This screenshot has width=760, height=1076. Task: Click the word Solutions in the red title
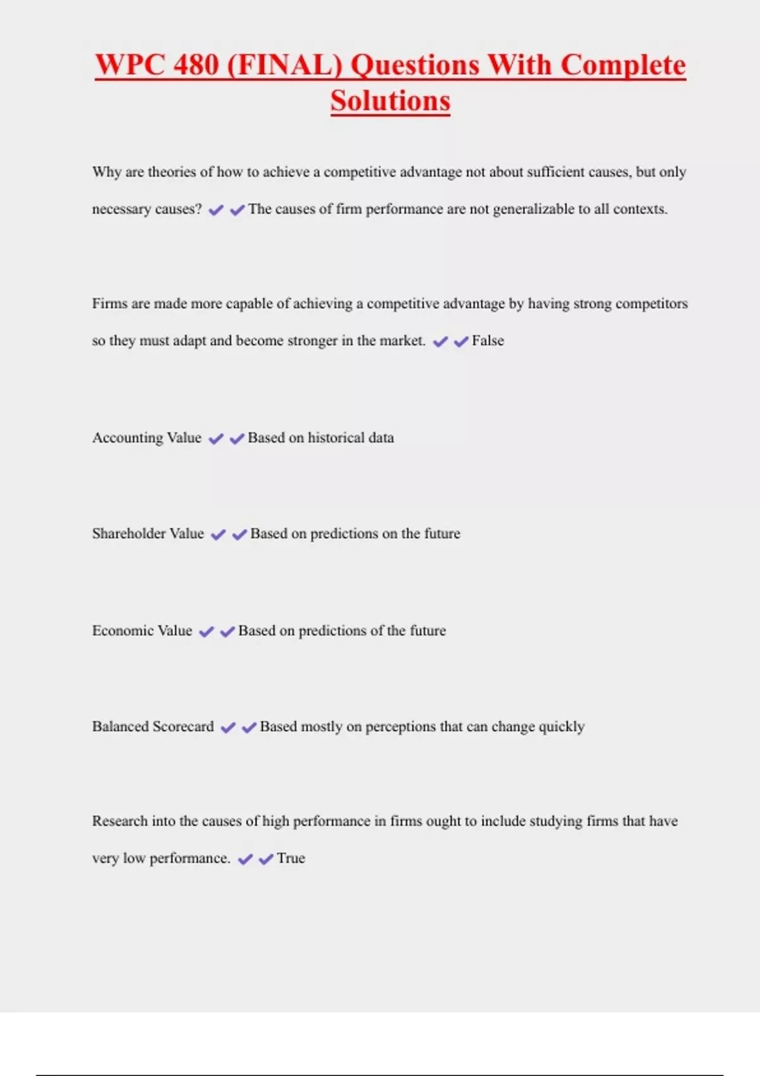click(x=390, y=101)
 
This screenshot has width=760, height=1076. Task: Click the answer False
click(x=488, y=341)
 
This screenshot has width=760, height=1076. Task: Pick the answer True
click(x=291, y=858)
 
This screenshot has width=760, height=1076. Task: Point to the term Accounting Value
click(x=146, y=438)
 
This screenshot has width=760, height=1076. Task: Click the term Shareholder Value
click(x=148, y=534)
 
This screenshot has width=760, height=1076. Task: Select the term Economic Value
click(x=142, y=630)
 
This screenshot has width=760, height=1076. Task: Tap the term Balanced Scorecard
click(x=153, y=727)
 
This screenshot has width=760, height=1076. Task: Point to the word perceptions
click(x=401, y=727)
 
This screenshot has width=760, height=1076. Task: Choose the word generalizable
click(x=533, y=210)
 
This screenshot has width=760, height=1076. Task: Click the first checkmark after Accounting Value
click(x=216, y=439)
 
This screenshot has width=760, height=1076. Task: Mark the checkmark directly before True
click(x=266, y=859)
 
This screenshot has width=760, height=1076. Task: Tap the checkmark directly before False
click(x=461, y=341)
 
